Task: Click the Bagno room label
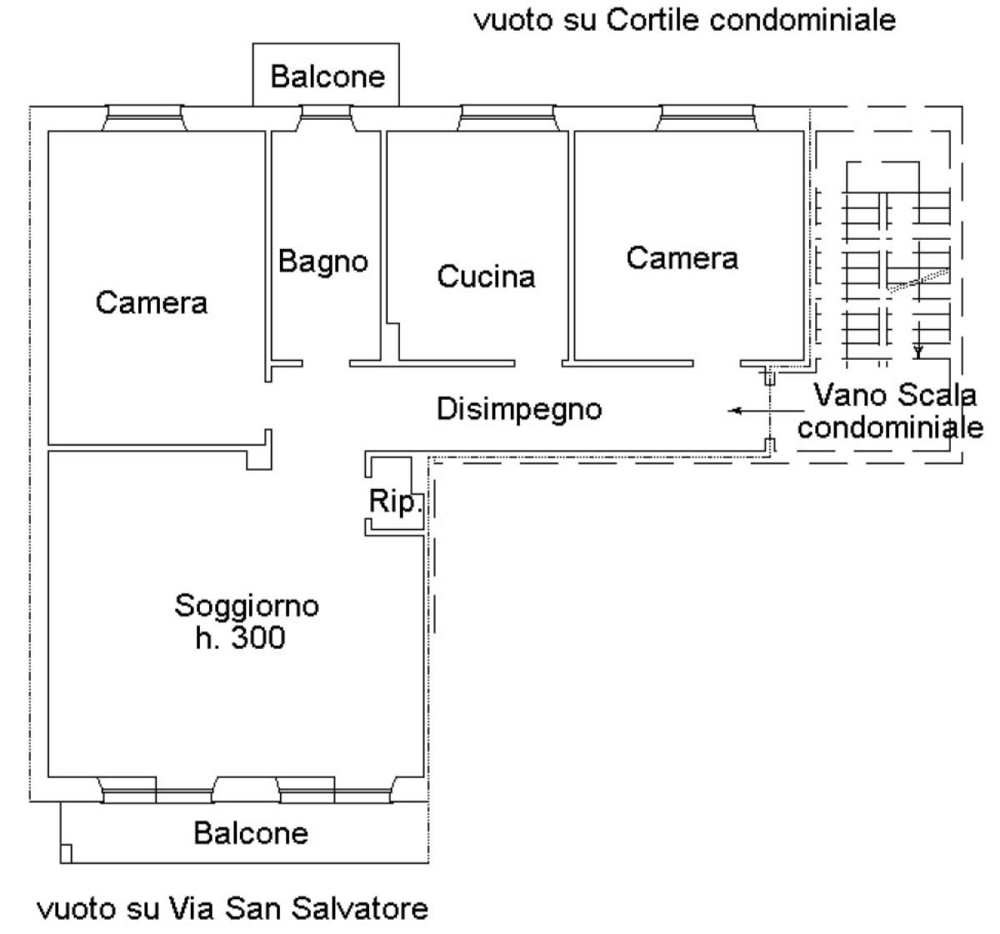coord(323,262)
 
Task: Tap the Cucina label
coord(486,277)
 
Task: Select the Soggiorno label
coord(247,606)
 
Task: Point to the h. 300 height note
coord(240,638)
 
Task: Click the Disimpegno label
coord(519,410)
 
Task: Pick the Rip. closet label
coord(395,502)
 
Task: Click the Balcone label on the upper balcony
coord(327,77)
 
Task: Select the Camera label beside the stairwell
coord(682,258)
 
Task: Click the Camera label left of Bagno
coord(152,302)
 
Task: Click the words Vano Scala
coord(895,395)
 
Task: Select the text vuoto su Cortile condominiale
coord(685,21)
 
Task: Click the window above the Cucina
coord(508,118)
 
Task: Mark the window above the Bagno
coord(326,118)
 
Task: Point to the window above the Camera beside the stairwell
coord(707,118)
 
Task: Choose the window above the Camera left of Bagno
coord(144,118)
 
